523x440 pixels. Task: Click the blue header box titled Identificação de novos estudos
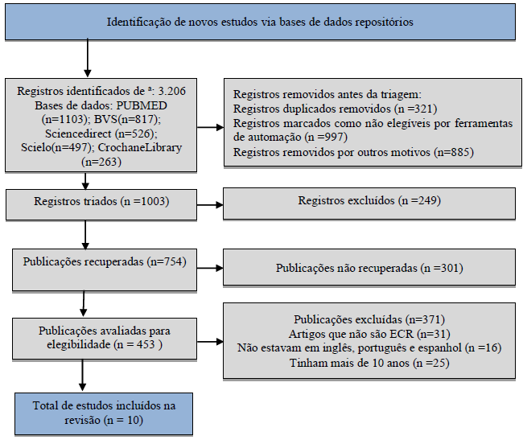tap(260, 22)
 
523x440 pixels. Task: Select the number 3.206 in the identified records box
tap(172, 91)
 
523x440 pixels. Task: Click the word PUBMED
tap(142, 105)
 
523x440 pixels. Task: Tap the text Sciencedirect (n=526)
tap(101, 134)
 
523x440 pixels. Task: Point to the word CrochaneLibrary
tap(140, 148)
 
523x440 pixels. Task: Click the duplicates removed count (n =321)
tap(416, 109)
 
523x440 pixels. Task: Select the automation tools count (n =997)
tap(326, 137)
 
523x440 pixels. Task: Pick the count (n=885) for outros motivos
tap(454, 152)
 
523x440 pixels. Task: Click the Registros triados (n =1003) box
tap(101, 204)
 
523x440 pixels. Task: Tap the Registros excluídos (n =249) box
tap(369, 204)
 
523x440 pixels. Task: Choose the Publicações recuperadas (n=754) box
tap(105, 269)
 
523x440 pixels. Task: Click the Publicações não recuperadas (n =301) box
tap(369, 267)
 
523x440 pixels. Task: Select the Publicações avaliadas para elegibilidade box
tap(105, 339)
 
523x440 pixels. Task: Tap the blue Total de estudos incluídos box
tap(104, 414)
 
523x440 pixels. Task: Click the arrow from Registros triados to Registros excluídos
tap(210, 205)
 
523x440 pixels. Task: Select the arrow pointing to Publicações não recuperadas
tap(210, 268)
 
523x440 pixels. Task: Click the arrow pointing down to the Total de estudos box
tap(82, 375)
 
